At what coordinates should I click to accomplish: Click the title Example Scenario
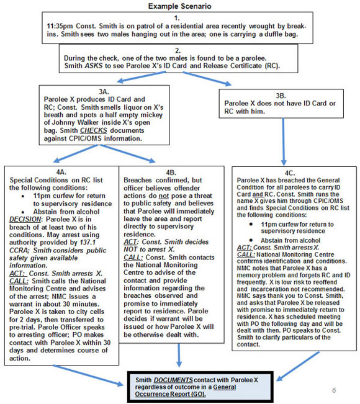179,6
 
